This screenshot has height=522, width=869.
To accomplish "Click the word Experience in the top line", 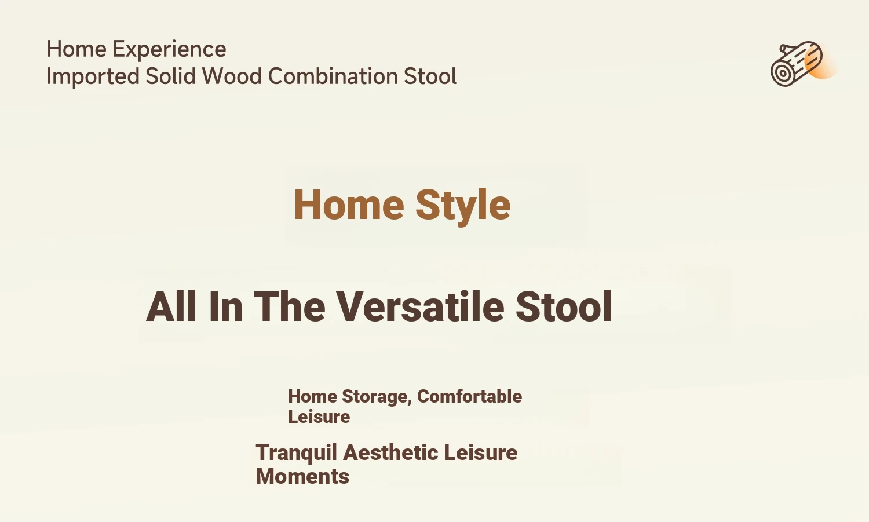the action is tap(169, 50).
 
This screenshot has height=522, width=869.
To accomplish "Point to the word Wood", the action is tap(232, 76).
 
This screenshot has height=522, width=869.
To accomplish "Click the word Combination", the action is tap(333, 76).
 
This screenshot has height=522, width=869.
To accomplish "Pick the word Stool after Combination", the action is tap(430, 76).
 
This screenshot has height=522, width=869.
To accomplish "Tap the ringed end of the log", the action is tap(783, 73).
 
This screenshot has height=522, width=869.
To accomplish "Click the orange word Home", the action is tap(349, 205).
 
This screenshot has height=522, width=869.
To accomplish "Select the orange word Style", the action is tap(463, 206).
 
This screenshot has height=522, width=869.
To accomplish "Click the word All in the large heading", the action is tap(171, 306).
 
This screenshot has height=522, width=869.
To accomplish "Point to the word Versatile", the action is tap(420, 306).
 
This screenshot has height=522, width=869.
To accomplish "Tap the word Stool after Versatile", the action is tap(564, 306).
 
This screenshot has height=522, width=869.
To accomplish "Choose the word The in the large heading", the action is tap(290, 306).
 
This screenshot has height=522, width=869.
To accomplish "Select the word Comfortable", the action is tap(469, 396).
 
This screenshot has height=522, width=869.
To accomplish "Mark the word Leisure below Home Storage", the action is tap(319, 417).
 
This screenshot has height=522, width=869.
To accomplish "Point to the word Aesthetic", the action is tap(390, 452).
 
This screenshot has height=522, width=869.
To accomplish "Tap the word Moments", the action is tap(302, 477).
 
